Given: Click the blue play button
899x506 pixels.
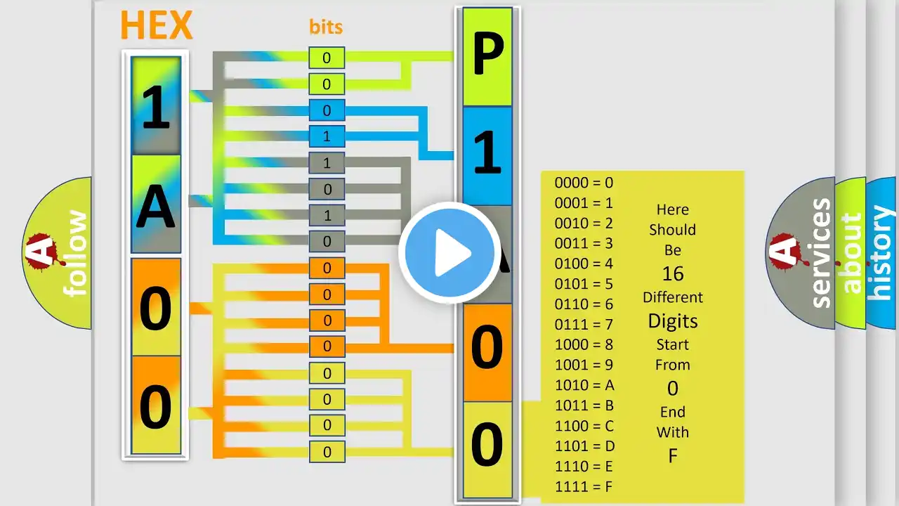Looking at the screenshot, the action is coord(449,253).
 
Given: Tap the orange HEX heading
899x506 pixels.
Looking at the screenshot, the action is coord(157,25).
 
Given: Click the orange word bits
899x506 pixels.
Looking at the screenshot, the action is coord(326,27).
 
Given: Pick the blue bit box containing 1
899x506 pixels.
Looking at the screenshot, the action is coord(327,136).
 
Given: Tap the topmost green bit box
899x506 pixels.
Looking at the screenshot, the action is coord(327,58).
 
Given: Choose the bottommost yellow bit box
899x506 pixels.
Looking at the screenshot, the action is coord(327,452).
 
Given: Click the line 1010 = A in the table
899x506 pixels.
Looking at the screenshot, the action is coord(584,386).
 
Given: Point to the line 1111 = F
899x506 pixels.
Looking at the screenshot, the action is coord(584,487).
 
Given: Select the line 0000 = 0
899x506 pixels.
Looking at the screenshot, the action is coord(584,183).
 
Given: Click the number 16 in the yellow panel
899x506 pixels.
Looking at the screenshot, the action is coord(673,274).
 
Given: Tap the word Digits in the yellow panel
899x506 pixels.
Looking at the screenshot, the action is coord(673,321).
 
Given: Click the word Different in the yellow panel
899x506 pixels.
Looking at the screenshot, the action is coord(673,297).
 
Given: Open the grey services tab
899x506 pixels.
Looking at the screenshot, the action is coord(802,253).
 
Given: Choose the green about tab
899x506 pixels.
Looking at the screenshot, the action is coord(851,253).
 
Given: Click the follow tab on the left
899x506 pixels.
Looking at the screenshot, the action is coord(58,253).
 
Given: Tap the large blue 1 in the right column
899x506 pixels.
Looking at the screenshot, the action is coord(487,153).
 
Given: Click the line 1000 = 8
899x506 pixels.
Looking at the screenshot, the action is coord(584,344).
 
